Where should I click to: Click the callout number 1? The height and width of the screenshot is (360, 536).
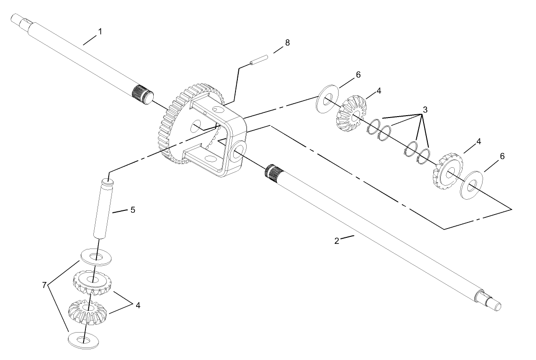click(x=99, y=32)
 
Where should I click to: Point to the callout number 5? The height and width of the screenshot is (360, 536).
click(x=132, y=210)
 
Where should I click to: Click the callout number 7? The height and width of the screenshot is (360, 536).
click(x=45, y=285)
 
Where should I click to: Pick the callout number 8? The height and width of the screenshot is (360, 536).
click(x=287, y=43)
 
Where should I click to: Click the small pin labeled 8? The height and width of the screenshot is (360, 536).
click(x=259, y=61)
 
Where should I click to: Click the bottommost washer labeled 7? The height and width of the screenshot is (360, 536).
click(x=84, y=339)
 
